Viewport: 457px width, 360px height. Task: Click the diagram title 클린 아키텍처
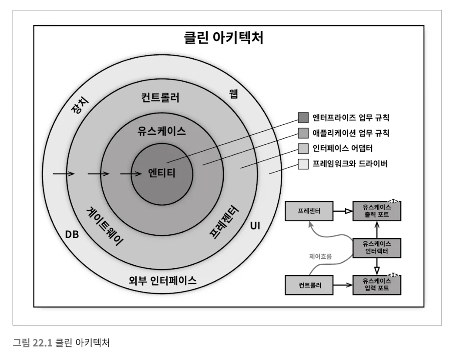(x=224, y=37)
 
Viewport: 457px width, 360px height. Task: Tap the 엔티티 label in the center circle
(x=162, y=173)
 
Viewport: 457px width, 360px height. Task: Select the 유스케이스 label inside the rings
(x=162, y=131)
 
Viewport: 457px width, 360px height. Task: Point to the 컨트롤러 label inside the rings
(x=160, y=97)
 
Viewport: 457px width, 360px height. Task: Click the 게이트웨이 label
(x=104, y=227)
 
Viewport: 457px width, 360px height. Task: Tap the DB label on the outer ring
(x=72, y=234)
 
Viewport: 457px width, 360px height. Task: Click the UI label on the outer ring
(x=255, y=226)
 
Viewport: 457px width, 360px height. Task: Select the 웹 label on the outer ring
(x=234, y=94)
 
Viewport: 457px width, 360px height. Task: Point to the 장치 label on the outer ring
(x=80, y=106)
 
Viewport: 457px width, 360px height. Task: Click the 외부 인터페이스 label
(x=163, y=280)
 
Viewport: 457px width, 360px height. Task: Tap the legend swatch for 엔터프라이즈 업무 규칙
(x=303, y=117)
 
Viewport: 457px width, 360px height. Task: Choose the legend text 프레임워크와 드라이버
(x=350, y=163)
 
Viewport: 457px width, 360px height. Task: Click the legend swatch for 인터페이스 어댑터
(x=303, y=148)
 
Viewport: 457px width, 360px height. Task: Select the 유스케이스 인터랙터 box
(x=377, y=248)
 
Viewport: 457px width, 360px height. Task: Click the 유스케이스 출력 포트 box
(x=377, y=211)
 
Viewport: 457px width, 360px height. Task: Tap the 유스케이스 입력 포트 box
(x=377, y=285)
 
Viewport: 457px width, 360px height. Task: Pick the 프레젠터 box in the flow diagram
(x=309, y=211)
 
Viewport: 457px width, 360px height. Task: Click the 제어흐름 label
(x=321, y=257)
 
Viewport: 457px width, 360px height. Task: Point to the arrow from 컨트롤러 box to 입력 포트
(x=343, y=285)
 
